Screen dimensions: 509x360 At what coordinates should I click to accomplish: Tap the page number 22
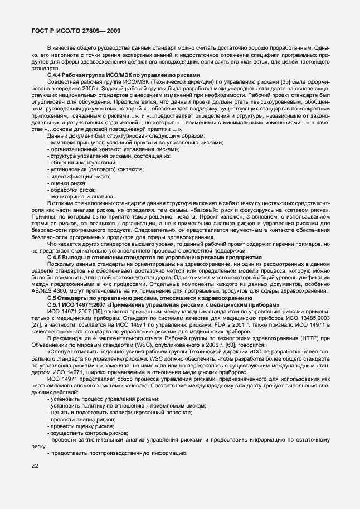[x=35, y=466]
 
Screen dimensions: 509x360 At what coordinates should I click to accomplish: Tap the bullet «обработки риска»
[x=70, y=190]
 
